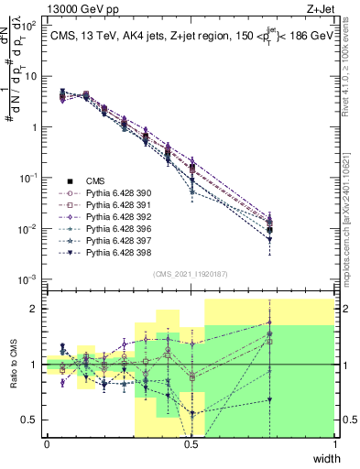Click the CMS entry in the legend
click(x=95, y=181)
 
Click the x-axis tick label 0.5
click(x=191, y=444)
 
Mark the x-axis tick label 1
click(x=335, y=444)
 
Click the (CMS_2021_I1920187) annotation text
click(x=191, y=274)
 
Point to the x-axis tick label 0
click(x=47, y=444)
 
